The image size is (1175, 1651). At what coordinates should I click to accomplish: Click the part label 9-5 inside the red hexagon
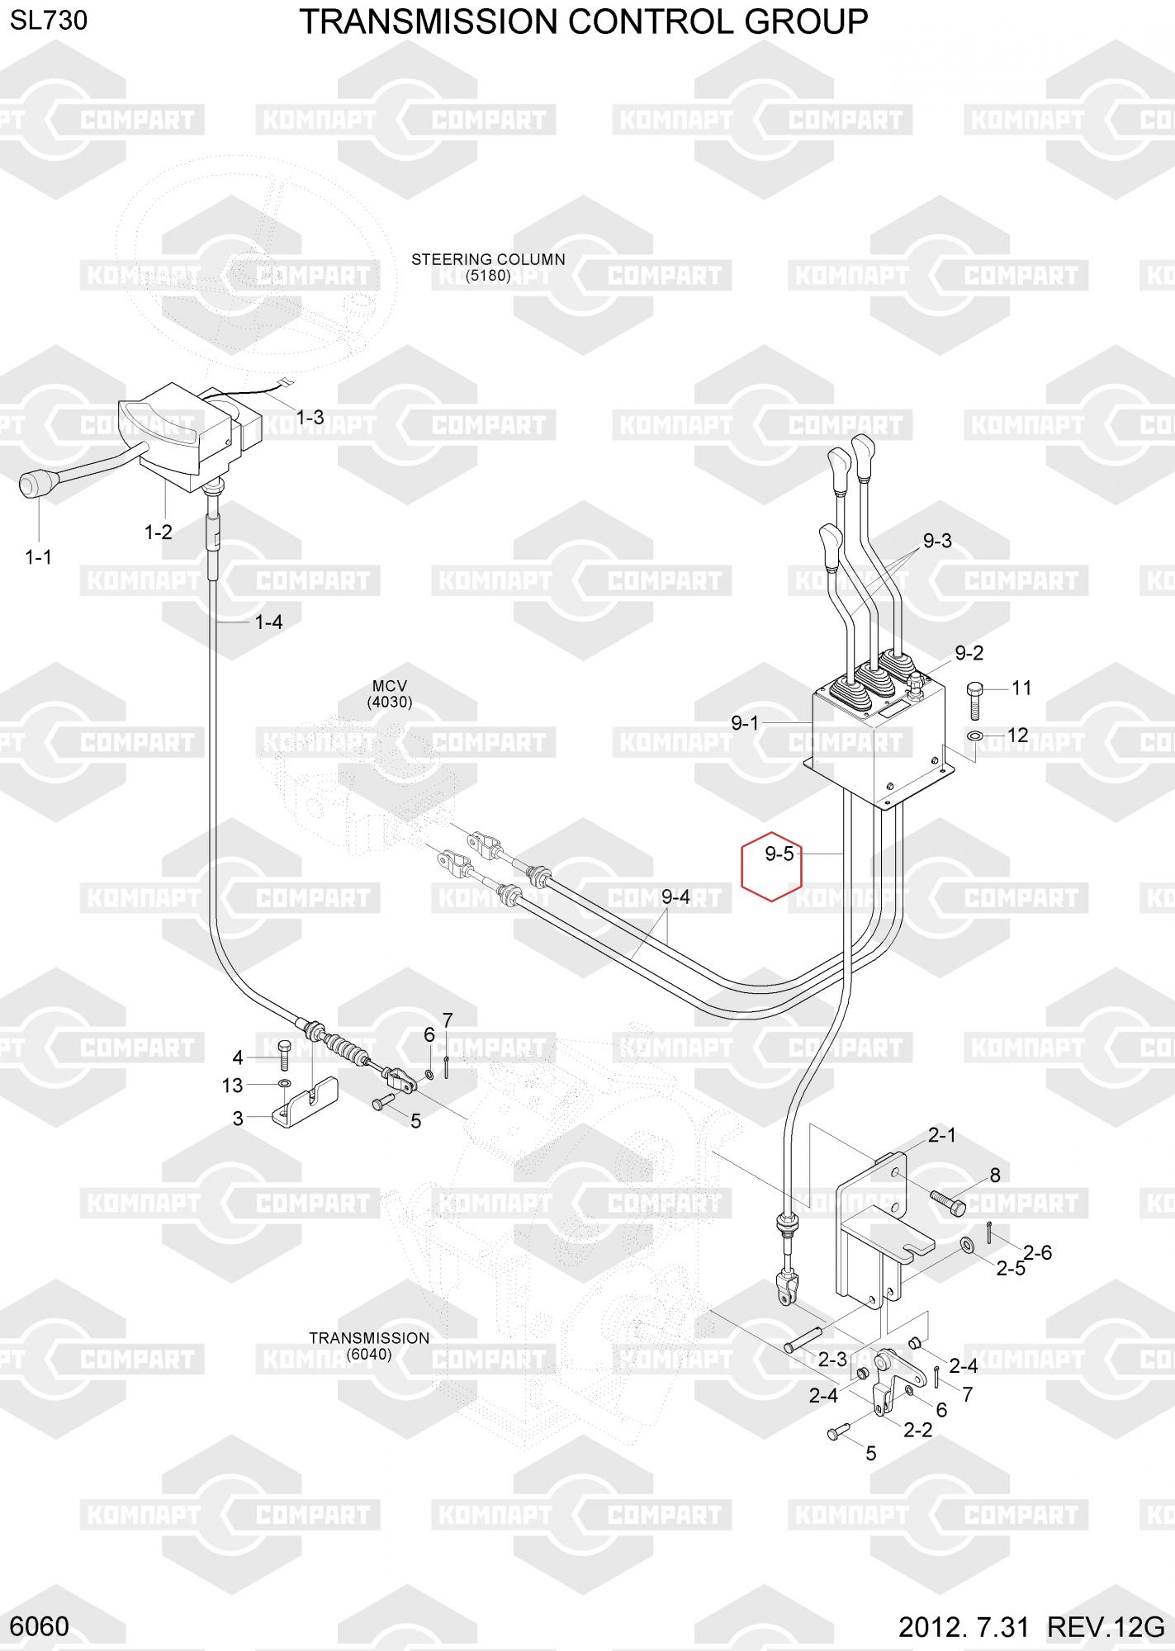pyautogui.click(x=779, y=854)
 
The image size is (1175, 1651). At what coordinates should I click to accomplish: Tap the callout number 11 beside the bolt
pyautogui.click(x=1021, y=688)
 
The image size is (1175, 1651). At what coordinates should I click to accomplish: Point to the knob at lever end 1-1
pyautogui.click(x=32, y=485)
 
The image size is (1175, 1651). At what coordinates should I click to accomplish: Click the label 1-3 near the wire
pyautogui.click(x=310, y=418)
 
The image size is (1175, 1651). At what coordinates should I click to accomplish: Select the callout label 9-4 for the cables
pyautogui.click(x=675, y=896)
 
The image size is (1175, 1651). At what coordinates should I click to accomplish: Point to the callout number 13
pyautogui.click(x=233, y=1086)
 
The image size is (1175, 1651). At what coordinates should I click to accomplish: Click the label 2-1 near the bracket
pyautogui.click(x=941, y=1136)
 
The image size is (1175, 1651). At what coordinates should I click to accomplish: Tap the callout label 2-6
pyautogui.click(x=1038, y=1252)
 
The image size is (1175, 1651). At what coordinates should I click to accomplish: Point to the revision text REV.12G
pyautogui.click(x=1106, y=1628)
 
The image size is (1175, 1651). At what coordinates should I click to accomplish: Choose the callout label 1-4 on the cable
pyautogui.click(x=269, y=622)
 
